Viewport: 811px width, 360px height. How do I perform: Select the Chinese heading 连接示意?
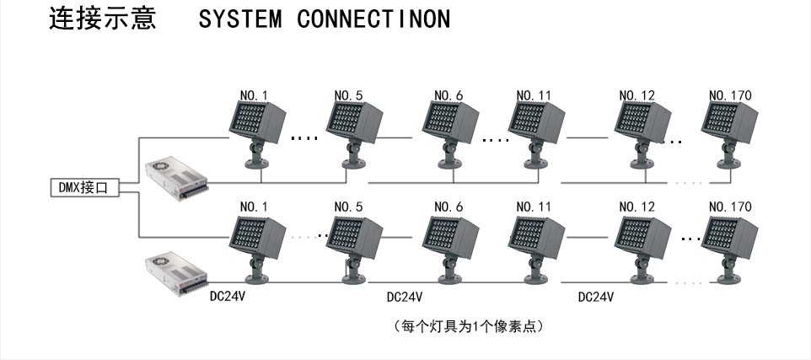tap(103, 19)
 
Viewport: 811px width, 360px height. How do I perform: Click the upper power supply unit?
tap(175, 179)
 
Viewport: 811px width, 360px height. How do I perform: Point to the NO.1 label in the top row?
tap(253, 95)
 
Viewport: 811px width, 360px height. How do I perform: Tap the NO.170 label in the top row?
tap(729, 95)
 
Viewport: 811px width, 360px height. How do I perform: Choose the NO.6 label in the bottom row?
tap(448, 207)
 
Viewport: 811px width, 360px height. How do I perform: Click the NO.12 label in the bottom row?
tap(636, 207)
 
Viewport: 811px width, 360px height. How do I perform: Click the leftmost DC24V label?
tap(228, 297)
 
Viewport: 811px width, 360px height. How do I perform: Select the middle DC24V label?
tap(404, 297)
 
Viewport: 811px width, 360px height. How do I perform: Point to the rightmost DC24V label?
tap(595, 297)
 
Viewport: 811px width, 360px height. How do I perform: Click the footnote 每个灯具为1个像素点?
tap(468, 325)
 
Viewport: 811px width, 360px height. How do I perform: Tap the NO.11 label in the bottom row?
tap(534, 207)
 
